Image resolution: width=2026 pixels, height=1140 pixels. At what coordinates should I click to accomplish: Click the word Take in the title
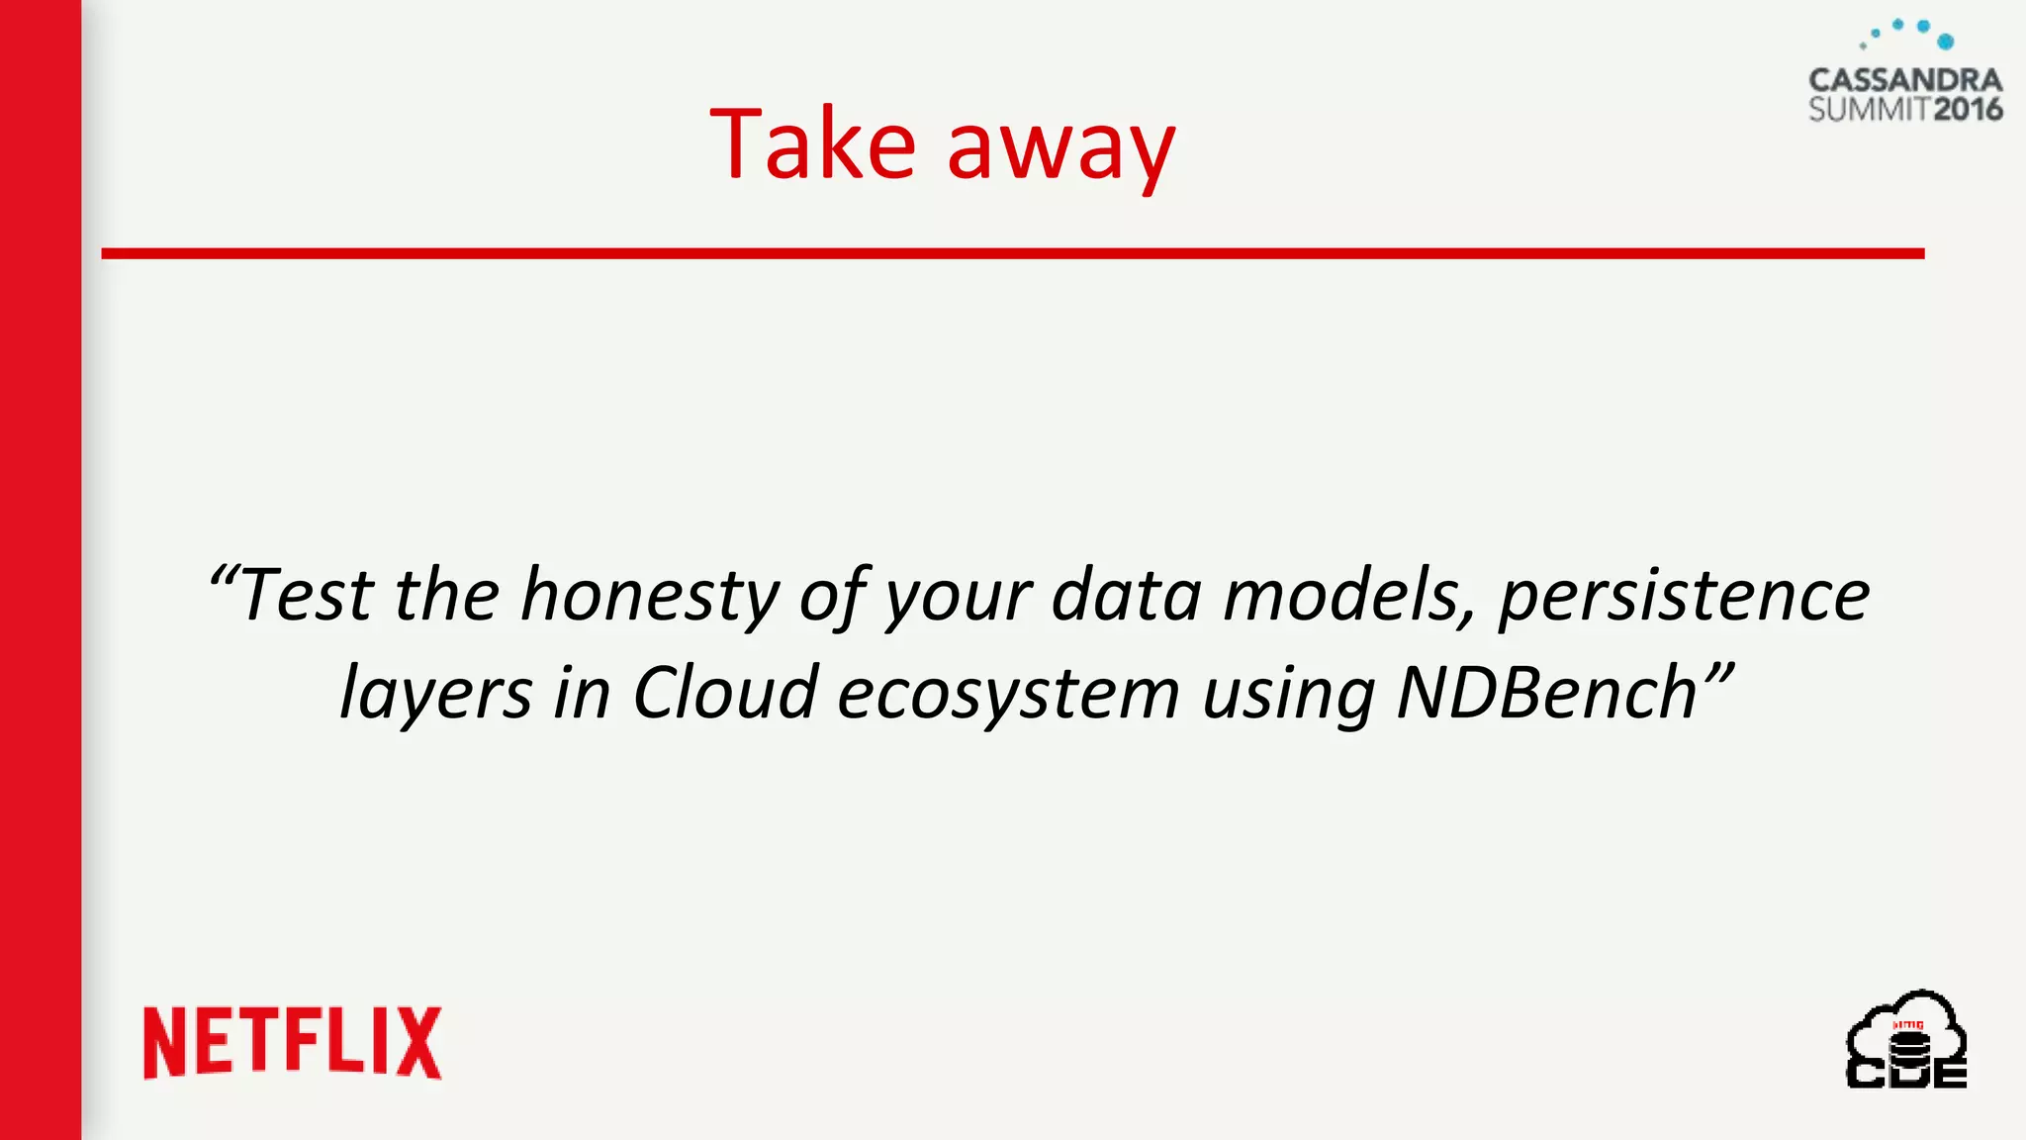point(812,144)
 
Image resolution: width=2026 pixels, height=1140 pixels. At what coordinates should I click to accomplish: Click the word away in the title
point(1060,150)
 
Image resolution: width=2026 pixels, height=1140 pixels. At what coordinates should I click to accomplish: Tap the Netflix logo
point(293,1042)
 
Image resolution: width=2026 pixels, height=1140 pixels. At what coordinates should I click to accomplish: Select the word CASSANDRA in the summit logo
point(1905,80)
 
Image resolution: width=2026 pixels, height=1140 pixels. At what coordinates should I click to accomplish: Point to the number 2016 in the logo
point(1968,109)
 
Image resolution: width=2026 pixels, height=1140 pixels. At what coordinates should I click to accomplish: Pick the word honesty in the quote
point(650,596)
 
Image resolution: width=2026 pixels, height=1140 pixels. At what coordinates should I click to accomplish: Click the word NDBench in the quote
point(1547,693)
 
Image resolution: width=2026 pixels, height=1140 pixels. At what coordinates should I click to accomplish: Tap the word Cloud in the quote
point(725,693)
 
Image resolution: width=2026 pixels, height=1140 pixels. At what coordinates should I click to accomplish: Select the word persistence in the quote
point(1684,596)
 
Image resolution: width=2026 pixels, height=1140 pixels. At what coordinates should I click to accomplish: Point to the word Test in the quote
point(307,596)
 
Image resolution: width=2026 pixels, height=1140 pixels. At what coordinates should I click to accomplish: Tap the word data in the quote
point(1126,596)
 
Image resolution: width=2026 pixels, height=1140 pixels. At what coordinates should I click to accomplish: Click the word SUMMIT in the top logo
point(1869,109)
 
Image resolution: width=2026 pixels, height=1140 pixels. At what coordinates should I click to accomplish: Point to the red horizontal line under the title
point(1012,254)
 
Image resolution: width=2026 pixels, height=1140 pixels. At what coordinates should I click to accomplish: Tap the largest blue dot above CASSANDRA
point(1945,42)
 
